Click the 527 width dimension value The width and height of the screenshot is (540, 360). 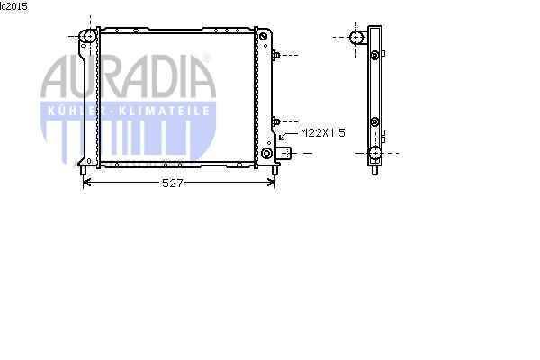172,183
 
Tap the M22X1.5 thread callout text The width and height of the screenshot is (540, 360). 322,133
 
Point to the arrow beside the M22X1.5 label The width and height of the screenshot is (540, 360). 288,136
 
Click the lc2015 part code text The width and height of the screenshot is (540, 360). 13,6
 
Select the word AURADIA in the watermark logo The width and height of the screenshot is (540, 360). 129,76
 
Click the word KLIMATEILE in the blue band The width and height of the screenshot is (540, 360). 164,111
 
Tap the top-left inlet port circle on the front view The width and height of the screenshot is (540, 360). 89,36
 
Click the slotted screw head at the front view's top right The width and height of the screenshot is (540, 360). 263,37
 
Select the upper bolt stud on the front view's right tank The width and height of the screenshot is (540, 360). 275,55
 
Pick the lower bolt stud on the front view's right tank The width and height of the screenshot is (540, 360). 275,122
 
